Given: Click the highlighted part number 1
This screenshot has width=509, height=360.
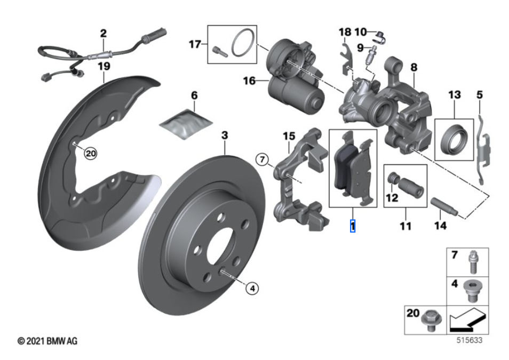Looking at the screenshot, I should (352, 226).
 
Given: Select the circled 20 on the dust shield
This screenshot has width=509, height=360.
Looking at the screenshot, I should (90, 154).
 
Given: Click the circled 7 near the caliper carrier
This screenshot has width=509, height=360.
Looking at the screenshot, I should (261, 159).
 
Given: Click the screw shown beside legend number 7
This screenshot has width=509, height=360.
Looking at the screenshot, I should (472, 261).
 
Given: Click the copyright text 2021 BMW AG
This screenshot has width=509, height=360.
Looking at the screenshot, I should (47, 340).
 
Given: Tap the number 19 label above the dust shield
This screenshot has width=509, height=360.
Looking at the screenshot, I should (104, 66).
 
